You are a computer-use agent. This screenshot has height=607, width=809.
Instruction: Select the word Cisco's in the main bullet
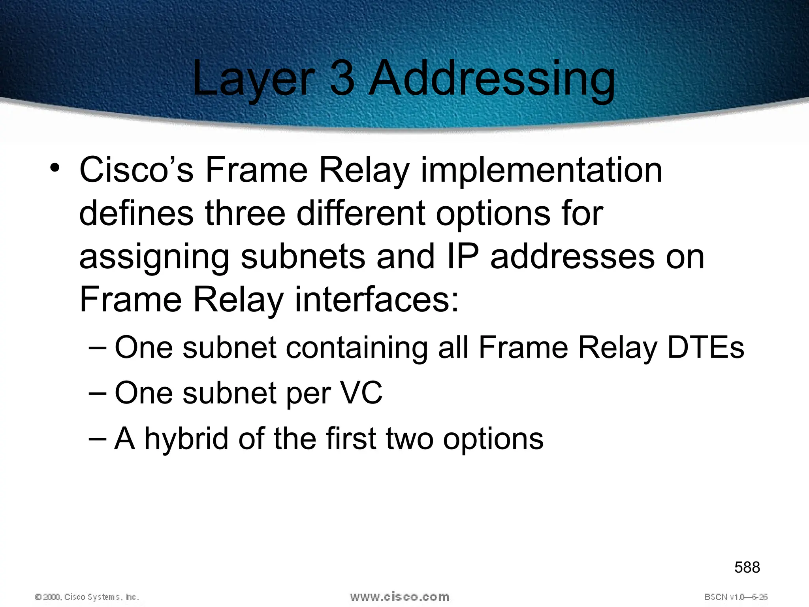coord(136,170)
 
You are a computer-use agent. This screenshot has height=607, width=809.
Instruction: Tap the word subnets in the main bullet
coord(303,257)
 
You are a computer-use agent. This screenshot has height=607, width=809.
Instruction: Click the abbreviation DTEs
coord(706,348)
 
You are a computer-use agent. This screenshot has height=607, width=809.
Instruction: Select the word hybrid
coord(186,439)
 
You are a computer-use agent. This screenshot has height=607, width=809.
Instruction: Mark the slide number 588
coord(747,567)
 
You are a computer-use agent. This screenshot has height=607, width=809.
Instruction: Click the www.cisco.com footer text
coord(399,596)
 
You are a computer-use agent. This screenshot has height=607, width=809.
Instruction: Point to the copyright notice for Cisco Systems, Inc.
coord(87,597)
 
